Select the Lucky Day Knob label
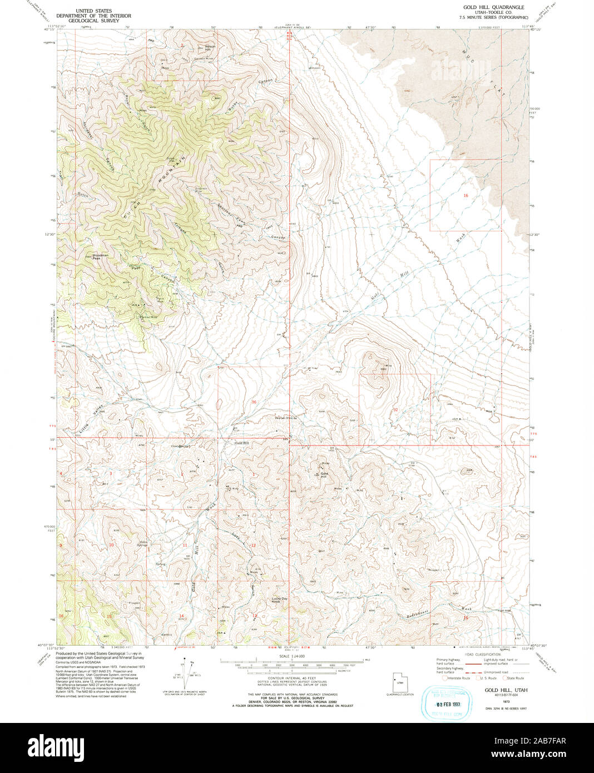(279, 600)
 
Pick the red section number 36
(254, 401)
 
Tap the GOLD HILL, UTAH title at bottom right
(506, 690)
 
